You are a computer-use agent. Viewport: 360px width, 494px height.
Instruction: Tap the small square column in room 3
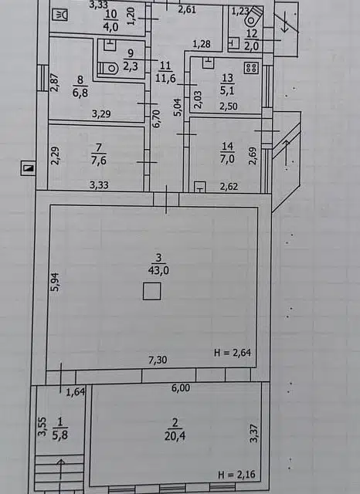tap(152, 291)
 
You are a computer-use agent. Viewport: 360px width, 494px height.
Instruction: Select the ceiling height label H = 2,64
tap(233, 354)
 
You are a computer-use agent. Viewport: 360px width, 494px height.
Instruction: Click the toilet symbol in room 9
tap(109, 66)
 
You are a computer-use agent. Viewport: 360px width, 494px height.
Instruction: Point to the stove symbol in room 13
tap(250, 67)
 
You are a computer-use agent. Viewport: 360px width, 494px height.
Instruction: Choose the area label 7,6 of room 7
tap(98, 161)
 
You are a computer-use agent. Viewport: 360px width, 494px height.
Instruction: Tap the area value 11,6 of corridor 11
tap(165, 78)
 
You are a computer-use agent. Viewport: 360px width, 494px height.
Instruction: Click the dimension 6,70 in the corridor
tap(155, 117)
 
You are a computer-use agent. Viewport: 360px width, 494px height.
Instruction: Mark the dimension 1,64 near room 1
tap(75, 392)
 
